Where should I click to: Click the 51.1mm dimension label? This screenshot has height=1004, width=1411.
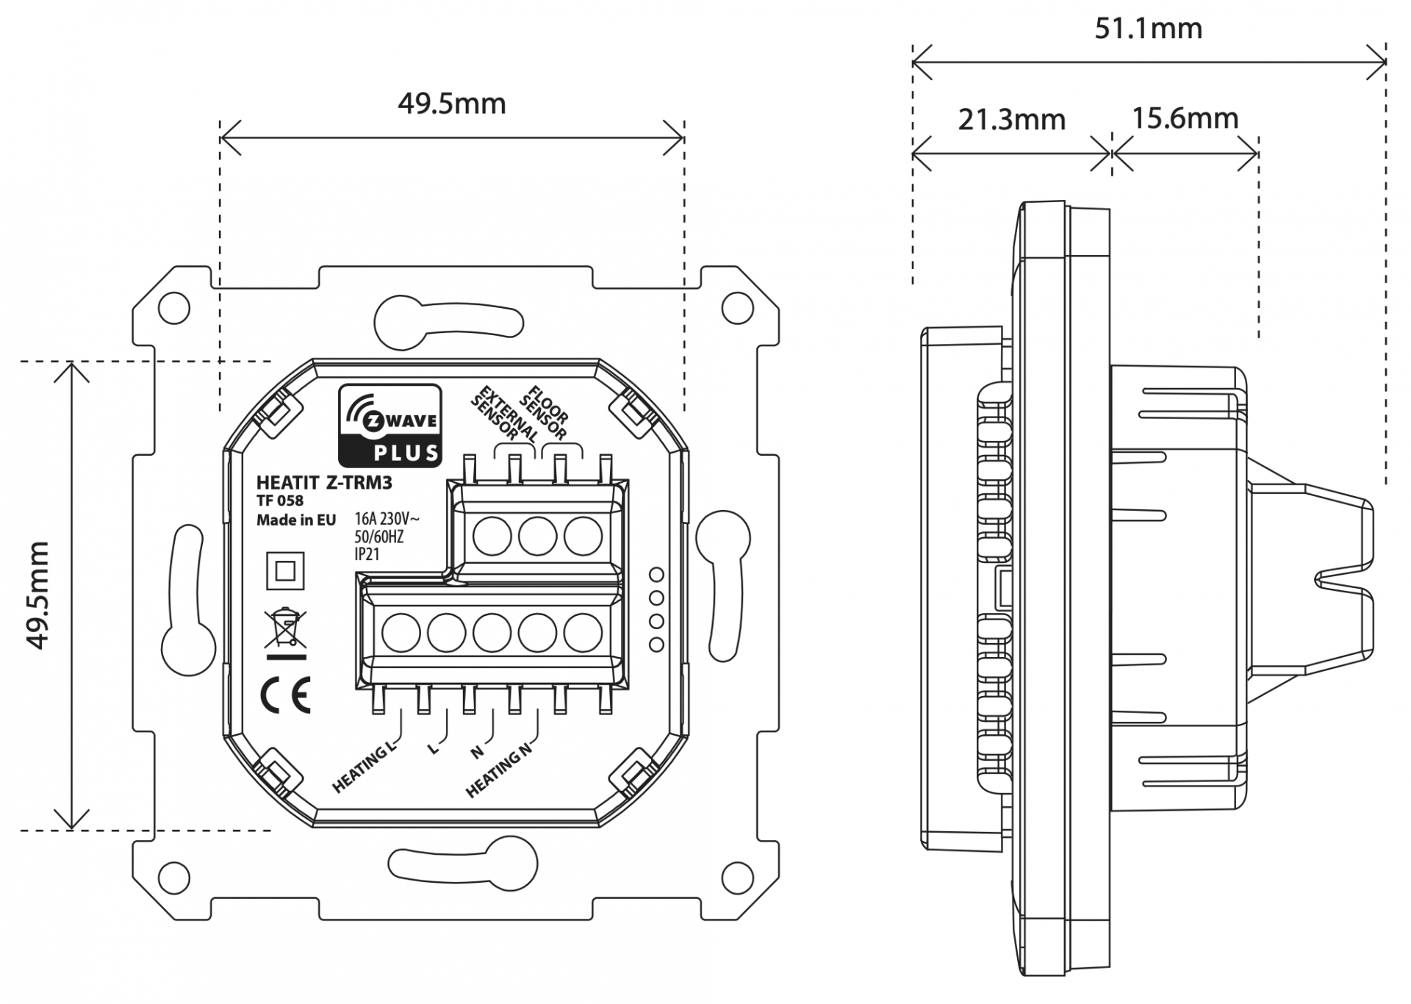tap(1148, 29)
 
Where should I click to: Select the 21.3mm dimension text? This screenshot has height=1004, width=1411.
tap(1011, 119)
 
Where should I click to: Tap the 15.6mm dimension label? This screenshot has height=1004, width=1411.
tap(1185, 118)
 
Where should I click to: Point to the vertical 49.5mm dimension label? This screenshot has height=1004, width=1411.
tap(37, 595)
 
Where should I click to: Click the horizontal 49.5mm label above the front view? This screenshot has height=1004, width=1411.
tap(451, 104)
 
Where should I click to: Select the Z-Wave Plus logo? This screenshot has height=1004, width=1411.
tap(389, 426)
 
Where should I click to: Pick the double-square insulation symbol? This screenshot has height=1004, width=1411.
tap(285, 571)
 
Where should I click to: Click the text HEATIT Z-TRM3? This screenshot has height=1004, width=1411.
tap(324, 483)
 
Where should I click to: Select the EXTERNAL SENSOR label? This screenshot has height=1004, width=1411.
tap(503, 416)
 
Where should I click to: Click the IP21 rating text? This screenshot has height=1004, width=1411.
tap(367, 555)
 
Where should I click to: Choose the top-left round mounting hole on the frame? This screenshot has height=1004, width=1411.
tap(174, 309)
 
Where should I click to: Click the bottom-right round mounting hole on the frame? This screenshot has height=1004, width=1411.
tap(737, 876)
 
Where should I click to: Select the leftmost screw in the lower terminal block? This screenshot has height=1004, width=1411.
tap(401, 633)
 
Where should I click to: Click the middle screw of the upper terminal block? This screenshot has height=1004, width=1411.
tap(537, 537)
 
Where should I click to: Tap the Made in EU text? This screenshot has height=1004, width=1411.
tap(295, 520)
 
